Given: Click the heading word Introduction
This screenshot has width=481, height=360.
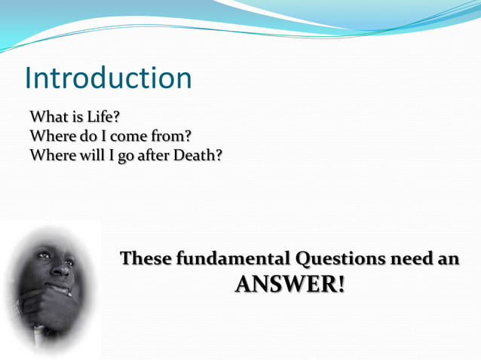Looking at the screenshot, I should pos(108,78).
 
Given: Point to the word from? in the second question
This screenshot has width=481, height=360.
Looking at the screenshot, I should pos(170,137).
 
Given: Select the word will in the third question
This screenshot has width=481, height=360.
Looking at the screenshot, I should pos(85,156).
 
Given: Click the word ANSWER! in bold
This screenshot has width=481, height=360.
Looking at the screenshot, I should pos(290,284).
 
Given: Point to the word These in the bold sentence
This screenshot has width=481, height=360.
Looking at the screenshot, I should pos(146,259).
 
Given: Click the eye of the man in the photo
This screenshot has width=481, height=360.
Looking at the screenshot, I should pos(44,256).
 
